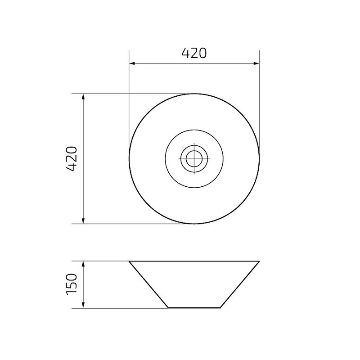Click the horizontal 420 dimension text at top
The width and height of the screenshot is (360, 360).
tap(194, 53)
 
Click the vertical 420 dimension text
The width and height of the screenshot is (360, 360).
tap(72, 158)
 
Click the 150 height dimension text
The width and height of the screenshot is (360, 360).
tap(72, 284)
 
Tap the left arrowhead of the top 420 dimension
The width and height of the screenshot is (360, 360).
tap(132, 63)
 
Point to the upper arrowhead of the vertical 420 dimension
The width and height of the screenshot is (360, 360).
tap(83, 96)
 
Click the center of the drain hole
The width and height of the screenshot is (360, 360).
tap(194, 158)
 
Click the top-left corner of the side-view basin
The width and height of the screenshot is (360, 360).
tap(130, 261)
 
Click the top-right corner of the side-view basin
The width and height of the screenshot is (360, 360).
tap(259, 261)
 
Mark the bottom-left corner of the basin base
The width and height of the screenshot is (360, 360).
tap(168, 308)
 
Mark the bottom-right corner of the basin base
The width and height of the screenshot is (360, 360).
tap(220, 308)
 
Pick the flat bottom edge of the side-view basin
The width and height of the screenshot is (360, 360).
tap(194, 308)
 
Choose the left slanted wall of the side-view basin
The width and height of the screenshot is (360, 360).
tap(149, 284)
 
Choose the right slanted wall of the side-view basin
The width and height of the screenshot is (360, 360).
tap(240, 284)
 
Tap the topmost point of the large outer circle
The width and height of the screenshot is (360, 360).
tap(194, 94)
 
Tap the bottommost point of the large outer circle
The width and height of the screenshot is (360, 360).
tap(194, 224)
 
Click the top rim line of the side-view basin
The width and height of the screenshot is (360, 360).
tap(194, 261)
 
